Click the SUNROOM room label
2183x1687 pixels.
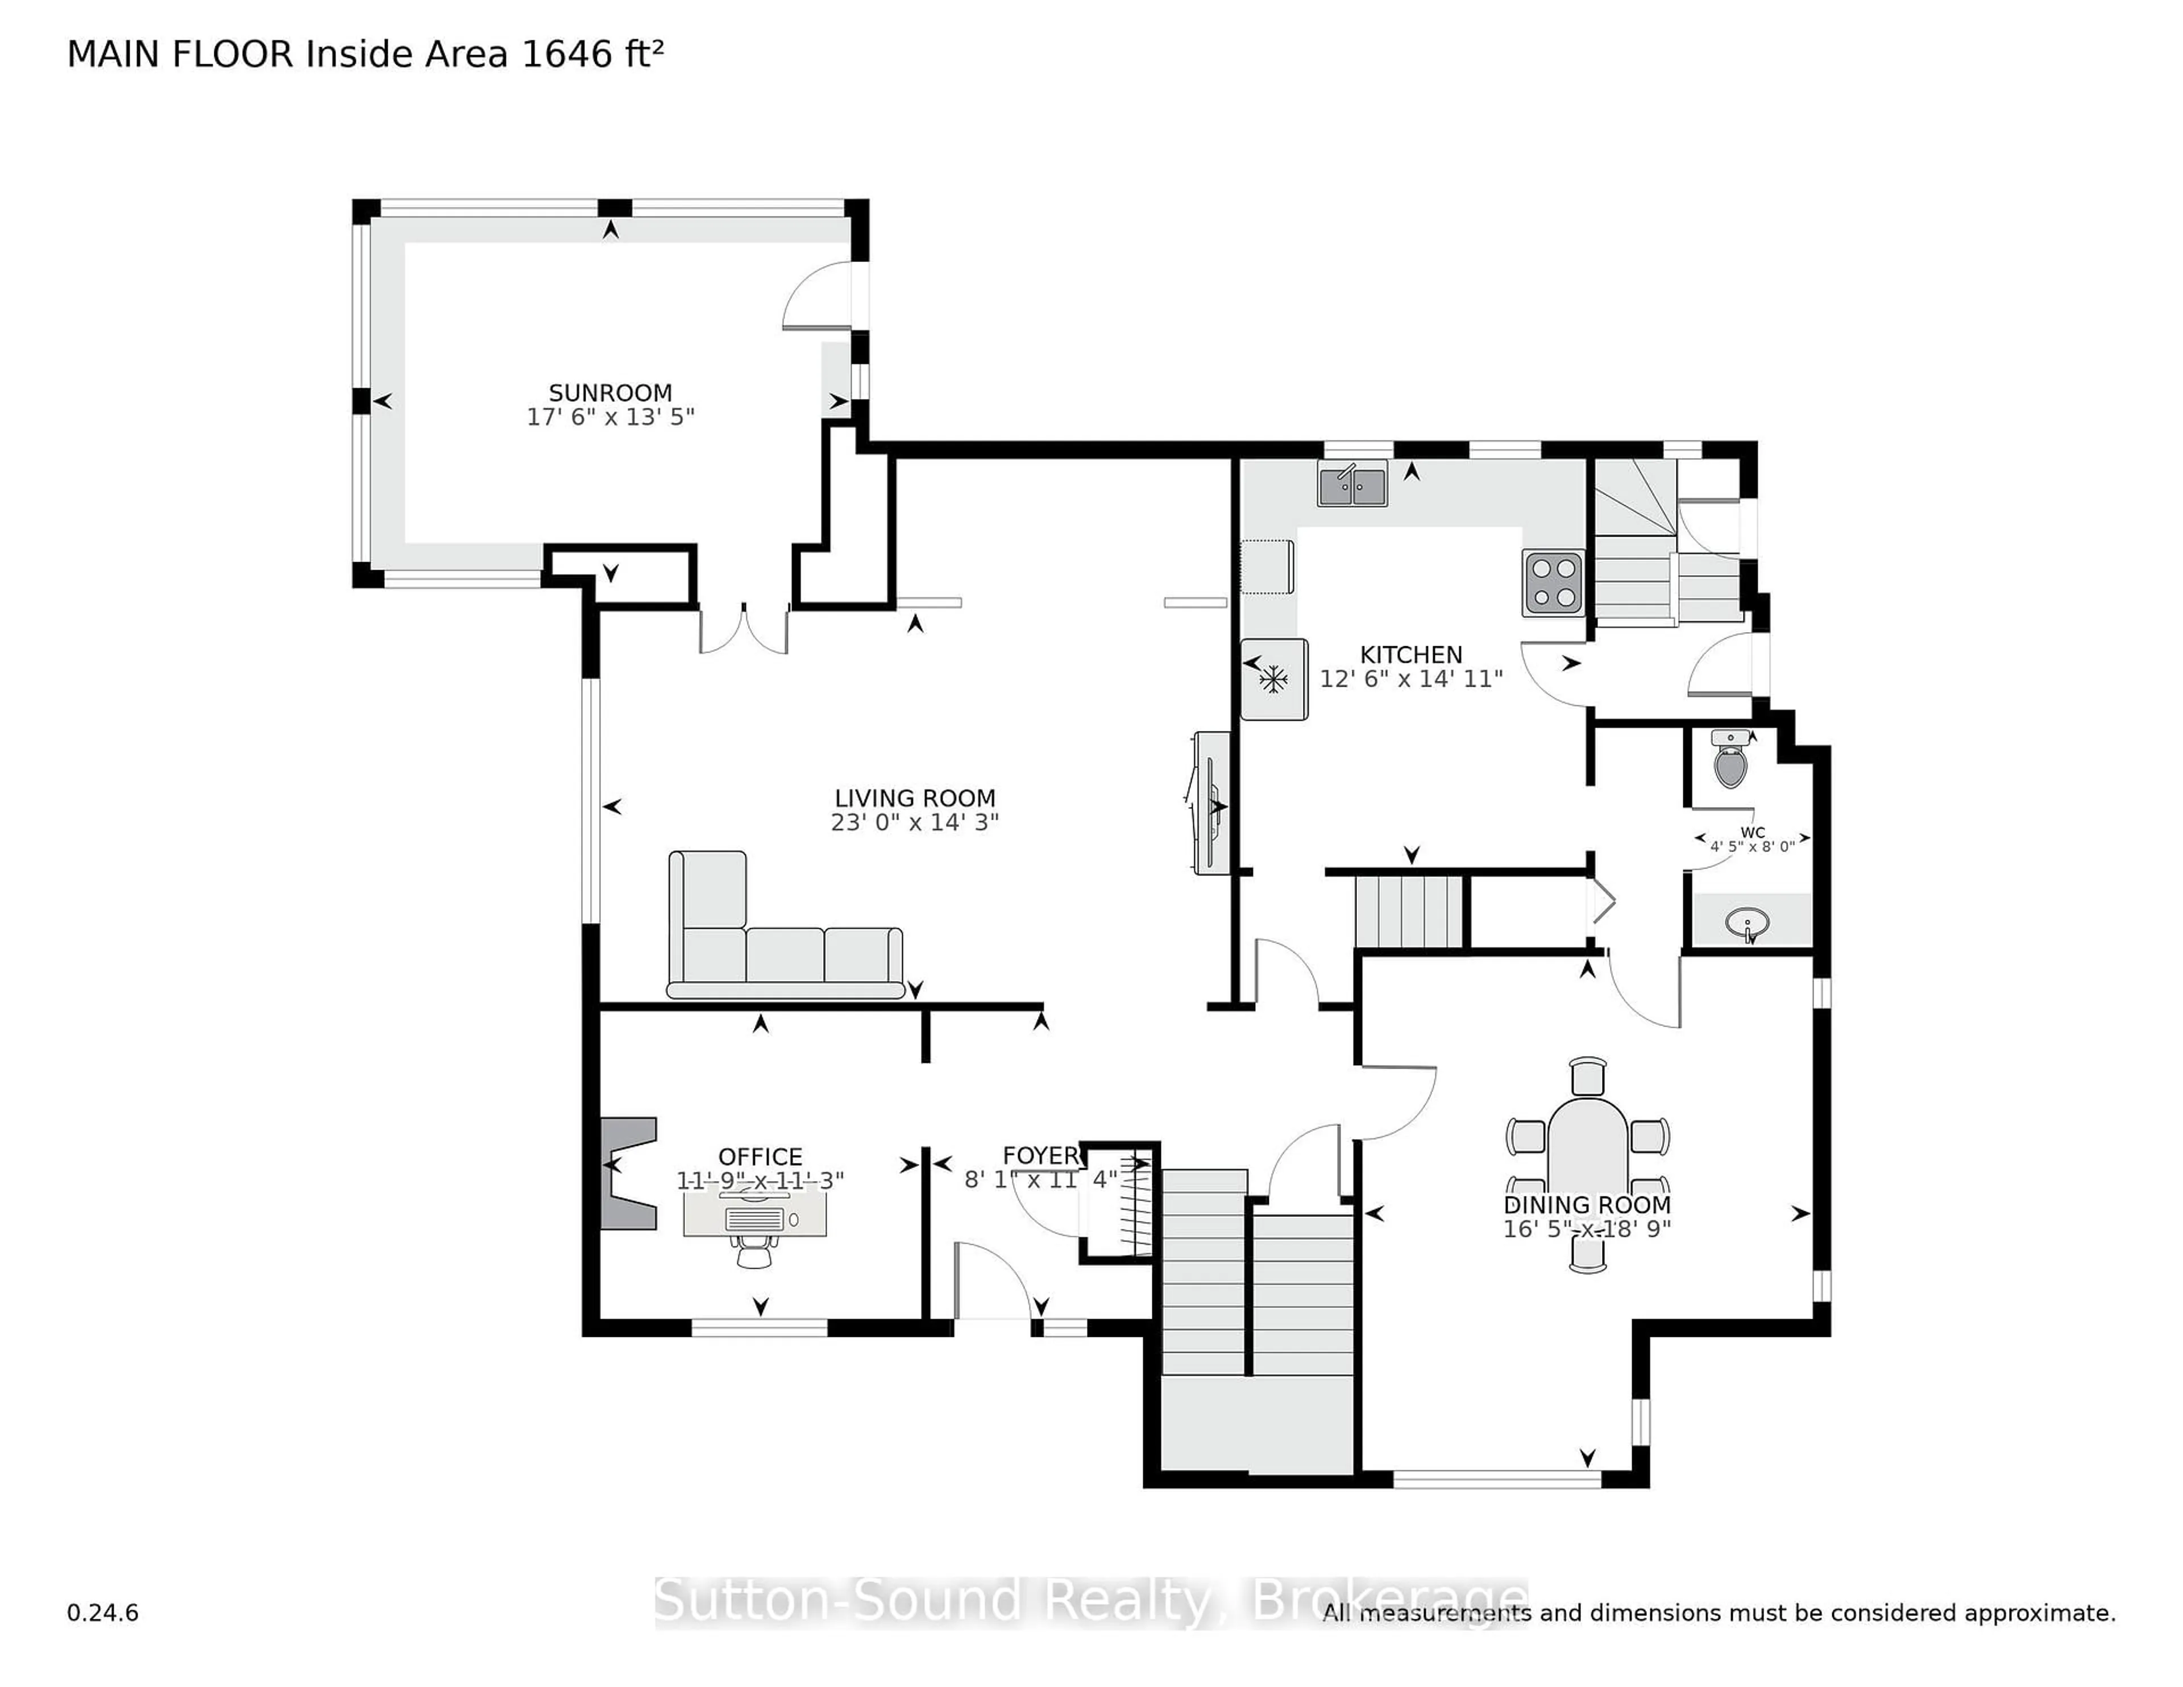[x=610, y=393]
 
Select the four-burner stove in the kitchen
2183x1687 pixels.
[x=1553, y=583]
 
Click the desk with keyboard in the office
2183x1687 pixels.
[x=754, y=1219]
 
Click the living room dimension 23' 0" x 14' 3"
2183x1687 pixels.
[x=915, y=822]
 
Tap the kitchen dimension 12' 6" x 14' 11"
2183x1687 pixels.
[x=1410, y=680]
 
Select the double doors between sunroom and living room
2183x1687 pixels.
[x=744, y=630]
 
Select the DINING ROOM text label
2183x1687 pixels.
[x=1586, y=1206]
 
